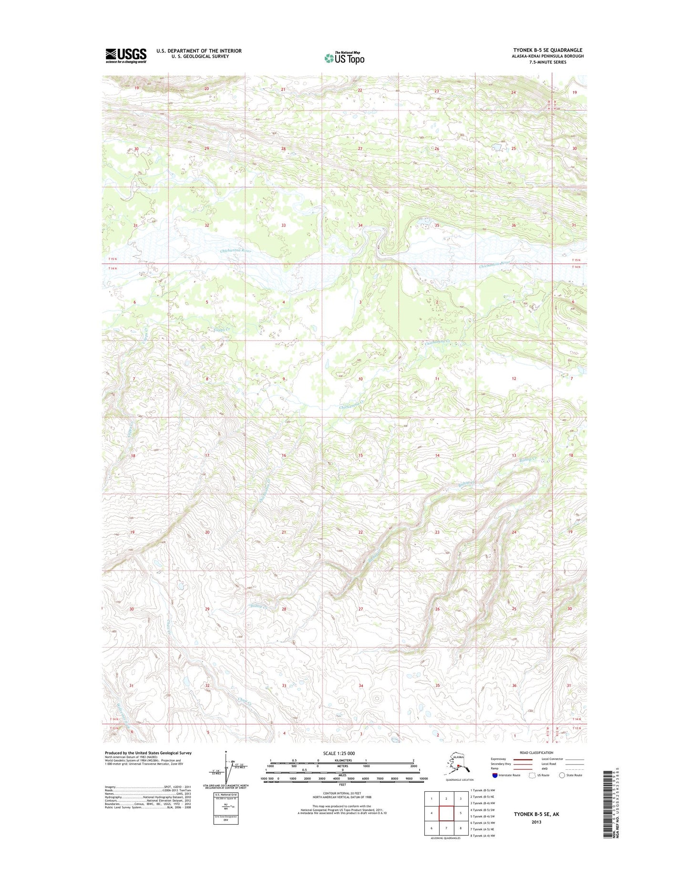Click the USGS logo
[126, 55]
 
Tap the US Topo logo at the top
[344, 58]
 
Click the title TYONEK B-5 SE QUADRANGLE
[547, 50]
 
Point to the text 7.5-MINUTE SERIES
[547, 62]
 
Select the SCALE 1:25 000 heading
[342, 754]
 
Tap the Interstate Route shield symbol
[495, 776]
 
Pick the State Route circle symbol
[562, 776]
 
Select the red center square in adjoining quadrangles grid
[446, 813]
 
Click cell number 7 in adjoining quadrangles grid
[446, 828]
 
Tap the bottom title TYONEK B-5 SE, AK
[536, 815]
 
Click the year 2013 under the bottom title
[536, 822]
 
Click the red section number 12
[514, 378]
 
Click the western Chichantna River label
[235, 250]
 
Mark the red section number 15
[360, 455]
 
